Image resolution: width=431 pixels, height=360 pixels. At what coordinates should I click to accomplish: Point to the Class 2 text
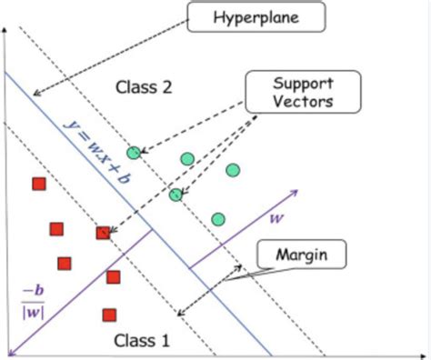[x=144, y=87]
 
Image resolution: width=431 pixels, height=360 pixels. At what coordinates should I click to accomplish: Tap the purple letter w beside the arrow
[x=277, y=218]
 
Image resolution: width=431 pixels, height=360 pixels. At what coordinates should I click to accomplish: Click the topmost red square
[x=39, y=185]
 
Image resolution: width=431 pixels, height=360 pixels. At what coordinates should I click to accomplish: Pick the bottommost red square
[x=109, y=315]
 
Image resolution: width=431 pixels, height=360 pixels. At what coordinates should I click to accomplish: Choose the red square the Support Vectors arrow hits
[x=103, y=233]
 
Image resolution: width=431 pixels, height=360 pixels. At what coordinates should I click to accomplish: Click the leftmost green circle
[x=134, y=153]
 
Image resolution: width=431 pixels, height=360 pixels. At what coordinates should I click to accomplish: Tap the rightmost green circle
[x=233, y=170]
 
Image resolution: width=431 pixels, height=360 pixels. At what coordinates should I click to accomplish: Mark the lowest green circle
[x=217, y=218]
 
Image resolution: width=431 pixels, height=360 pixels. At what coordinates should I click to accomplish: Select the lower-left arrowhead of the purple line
[x=12, y=350]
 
